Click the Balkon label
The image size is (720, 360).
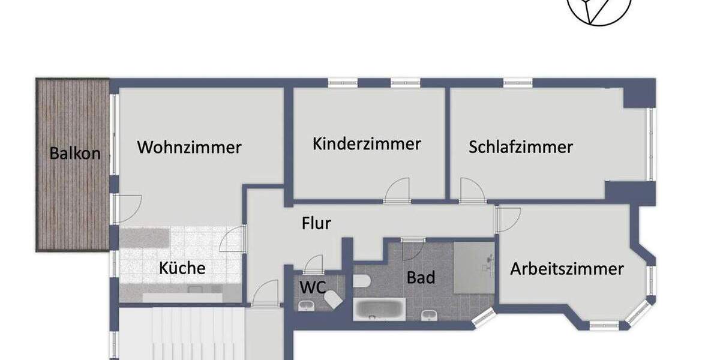coord(75,153)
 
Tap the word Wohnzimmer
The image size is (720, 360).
coord(189,147)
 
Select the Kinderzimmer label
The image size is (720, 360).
coord(367,144)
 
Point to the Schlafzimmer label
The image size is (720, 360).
coord(521,147)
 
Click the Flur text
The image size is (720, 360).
coord(316,224)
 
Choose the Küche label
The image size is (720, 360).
coord(182,268)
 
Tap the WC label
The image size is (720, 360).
coord(313,287)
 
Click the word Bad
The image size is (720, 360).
coord(421,278)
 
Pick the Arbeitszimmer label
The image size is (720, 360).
coord(567,269)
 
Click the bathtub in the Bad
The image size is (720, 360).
coord(380,309)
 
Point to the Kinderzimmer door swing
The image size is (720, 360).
coord(397,190)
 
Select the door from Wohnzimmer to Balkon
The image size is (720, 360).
coord(127,207)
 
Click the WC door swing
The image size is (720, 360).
coord(313,265)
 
